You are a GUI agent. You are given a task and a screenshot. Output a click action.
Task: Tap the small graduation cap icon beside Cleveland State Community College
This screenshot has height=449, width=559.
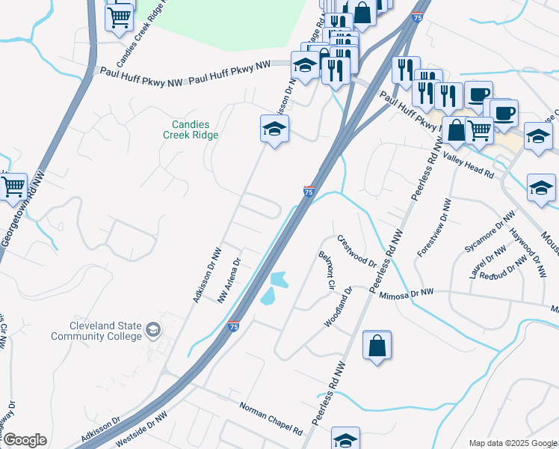153,330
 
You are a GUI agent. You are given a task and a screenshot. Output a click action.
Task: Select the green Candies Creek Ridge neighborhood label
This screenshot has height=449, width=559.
191,129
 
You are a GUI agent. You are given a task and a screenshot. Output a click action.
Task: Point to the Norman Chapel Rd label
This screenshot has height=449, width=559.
270,419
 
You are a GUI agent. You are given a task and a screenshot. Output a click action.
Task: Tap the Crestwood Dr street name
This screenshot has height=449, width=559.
356,251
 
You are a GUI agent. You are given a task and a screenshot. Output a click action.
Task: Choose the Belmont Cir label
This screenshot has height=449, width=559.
326,270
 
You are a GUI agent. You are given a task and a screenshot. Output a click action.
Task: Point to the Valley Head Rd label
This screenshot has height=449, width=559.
469,164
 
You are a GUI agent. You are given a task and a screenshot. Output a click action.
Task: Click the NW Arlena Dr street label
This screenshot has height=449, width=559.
229,281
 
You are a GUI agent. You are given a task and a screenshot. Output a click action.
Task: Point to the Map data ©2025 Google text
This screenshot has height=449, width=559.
512,443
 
